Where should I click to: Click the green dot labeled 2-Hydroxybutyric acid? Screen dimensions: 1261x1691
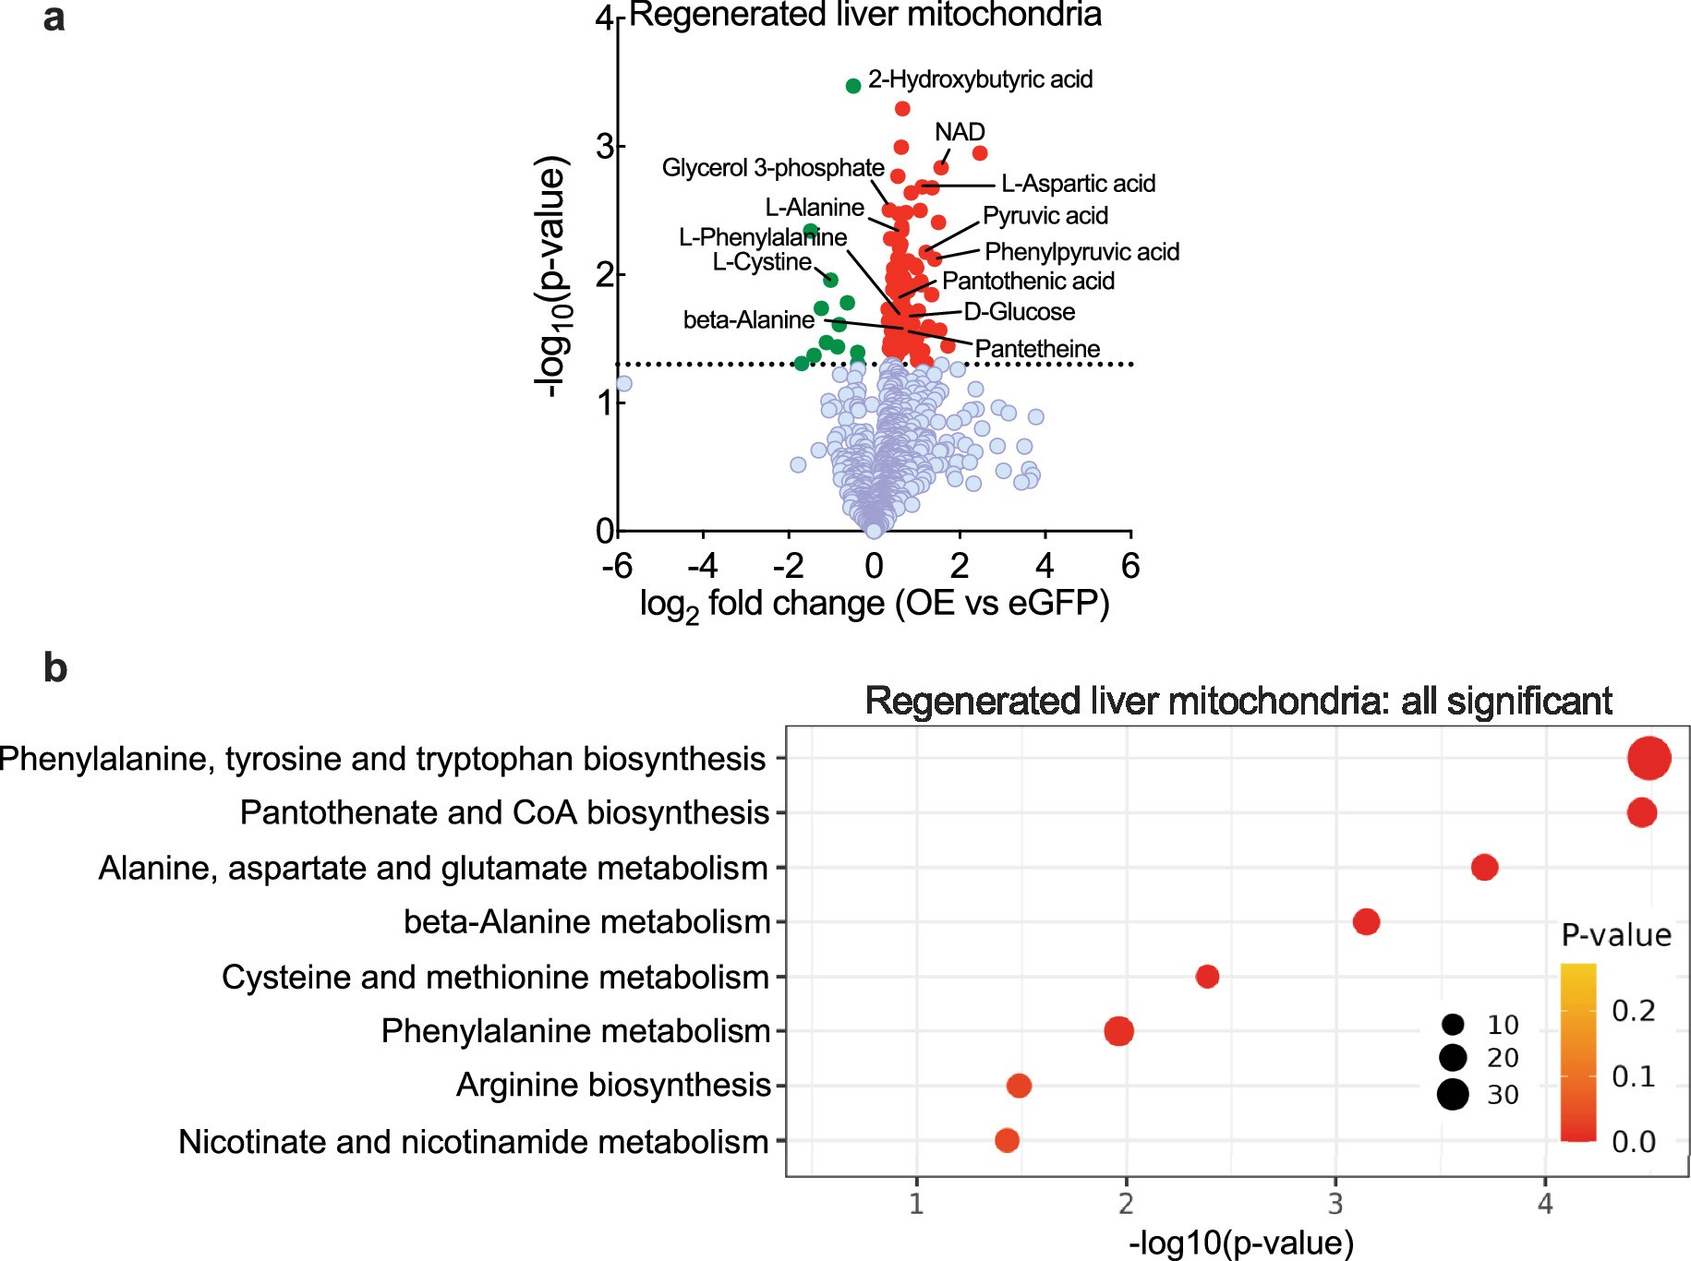click(x=853, y=86)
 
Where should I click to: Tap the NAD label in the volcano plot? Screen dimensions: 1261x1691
click(x=960, y=132)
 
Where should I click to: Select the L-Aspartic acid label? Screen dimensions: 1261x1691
click(x=1078, y=184)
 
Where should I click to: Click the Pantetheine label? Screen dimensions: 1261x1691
click(x=1037, y=349)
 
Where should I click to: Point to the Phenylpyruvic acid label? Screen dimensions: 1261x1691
click(x=1081, y=252)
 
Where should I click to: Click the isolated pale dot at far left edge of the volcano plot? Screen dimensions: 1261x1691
click(x=623, y=384)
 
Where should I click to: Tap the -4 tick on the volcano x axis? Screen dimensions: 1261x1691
click(x=703, y=565)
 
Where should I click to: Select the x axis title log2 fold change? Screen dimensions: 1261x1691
click(x=874, y=604)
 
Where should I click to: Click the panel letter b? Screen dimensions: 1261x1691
click(x=55, y=667)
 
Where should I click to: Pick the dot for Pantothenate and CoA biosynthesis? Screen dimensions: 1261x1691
click(x=1641, y=812)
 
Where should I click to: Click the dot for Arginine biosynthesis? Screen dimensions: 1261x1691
click(x=1019, y=1086)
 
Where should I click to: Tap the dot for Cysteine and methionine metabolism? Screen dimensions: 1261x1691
click(x=1207, y=977)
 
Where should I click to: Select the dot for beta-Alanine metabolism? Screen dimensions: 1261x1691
click(x=1366, y=921)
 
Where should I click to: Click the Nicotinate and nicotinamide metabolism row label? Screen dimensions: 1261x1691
click(x=473, y=1142)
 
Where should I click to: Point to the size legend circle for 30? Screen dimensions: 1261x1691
click(x=1453, y=1094)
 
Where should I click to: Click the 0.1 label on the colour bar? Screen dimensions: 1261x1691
click(x=1633, y=1076)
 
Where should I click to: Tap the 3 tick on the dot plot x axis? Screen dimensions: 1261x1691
click(x=1335, y=1204)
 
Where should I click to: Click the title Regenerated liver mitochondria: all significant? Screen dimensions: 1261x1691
click(x=1238, y=702)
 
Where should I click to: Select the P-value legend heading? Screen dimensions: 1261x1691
click(x=1615, y=935)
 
